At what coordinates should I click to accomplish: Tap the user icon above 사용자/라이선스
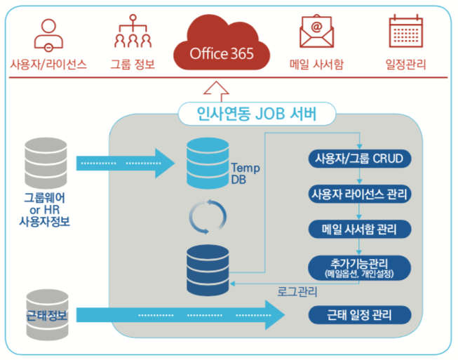point(48,33)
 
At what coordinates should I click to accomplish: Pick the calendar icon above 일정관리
point(405,31)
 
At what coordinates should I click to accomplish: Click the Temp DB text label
point(245,173)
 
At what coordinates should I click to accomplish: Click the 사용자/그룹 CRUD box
point(359,158)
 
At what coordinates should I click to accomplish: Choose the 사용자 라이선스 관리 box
point(359,193)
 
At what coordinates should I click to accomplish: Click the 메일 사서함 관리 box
point(359,228)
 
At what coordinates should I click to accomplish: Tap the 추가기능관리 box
point(359,266)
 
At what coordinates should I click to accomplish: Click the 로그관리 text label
point(298,291)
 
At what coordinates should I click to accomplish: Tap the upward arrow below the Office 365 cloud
point(220,88)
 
